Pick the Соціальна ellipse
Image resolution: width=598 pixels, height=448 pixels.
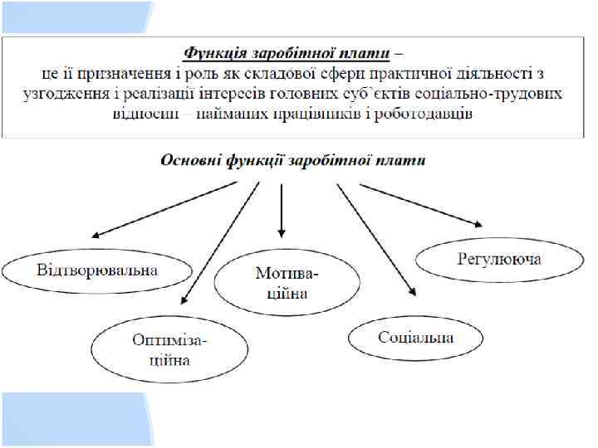tap(416, 338)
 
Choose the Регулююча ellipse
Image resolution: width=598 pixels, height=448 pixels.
tap(499, 260)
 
